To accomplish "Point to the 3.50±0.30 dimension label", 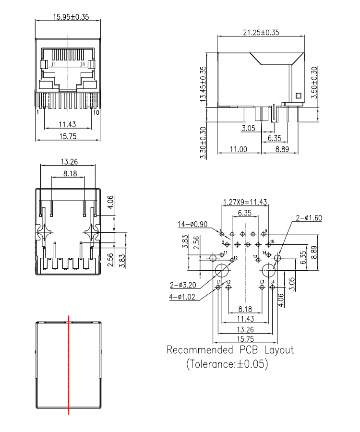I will pyautogui.click(x=314, y=82).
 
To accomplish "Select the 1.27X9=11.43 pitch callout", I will pyautogui.click(x=245, y=202).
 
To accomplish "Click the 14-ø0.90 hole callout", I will pyautogui.click(x=193, y=224).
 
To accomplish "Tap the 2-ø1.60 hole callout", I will pyautogui.click(x=309, y=217).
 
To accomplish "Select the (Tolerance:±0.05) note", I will pyautogui.click(x=227, y=364).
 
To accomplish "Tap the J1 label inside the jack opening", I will pyautogui.click(x=54, y=64).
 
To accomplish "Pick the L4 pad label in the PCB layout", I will pyautogui.click(x=272, y=282).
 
